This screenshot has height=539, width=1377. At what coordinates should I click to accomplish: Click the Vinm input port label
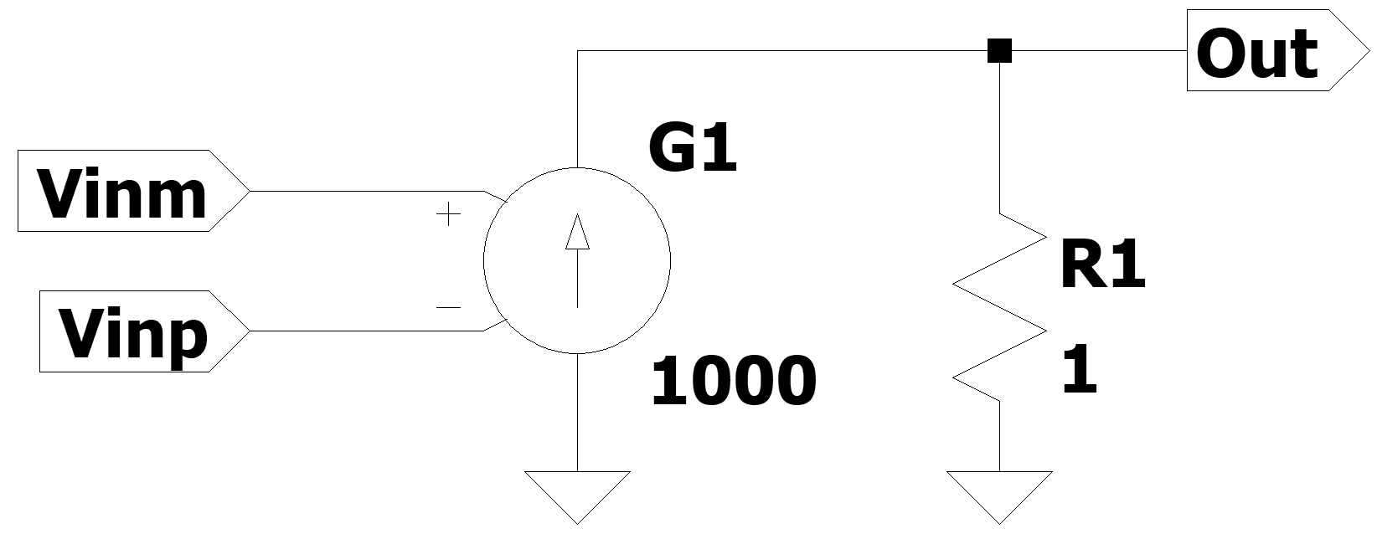tap(122, 192)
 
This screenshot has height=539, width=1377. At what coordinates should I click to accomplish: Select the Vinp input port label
tap(132, 332)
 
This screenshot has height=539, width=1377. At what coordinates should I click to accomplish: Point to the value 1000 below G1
tap(732, 381)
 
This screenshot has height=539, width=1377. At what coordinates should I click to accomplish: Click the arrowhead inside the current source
tap(577, 234)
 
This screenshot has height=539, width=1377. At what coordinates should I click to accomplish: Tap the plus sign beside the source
tap(449, 216)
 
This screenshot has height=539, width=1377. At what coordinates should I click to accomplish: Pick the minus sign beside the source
tap(449, 308)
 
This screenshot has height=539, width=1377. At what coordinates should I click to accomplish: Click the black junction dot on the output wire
tap(999, 51)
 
